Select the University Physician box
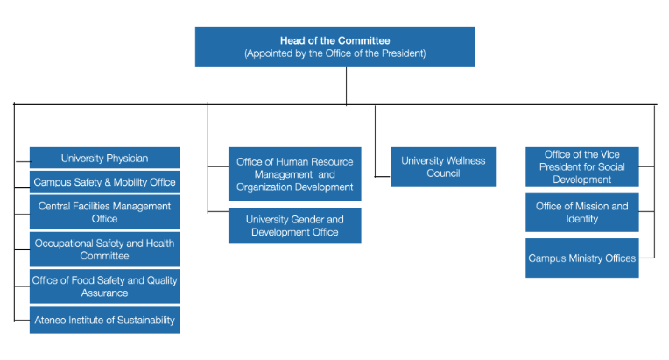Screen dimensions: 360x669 [104, 159]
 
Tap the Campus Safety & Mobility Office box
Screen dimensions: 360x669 [104, 183]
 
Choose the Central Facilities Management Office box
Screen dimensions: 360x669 [104, 212]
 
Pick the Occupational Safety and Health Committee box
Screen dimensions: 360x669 [104, 250]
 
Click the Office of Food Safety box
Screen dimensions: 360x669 [104, 286]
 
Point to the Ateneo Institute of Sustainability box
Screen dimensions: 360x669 [104, 320]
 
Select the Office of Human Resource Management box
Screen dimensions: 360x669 [294, 174]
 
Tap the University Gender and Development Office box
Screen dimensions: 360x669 [294, 225]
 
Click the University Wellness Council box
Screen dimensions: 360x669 [443, 166]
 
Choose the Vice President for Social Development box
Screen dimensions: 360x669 [581, 167]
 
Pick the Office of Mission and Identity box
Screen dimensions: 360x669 [581, 212]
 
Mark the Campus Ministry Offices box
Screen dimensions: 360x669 [581, 258]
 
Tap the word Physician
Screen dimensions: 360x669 [128, 159]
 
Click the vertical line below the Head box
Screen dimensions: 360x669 [347, 85]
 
